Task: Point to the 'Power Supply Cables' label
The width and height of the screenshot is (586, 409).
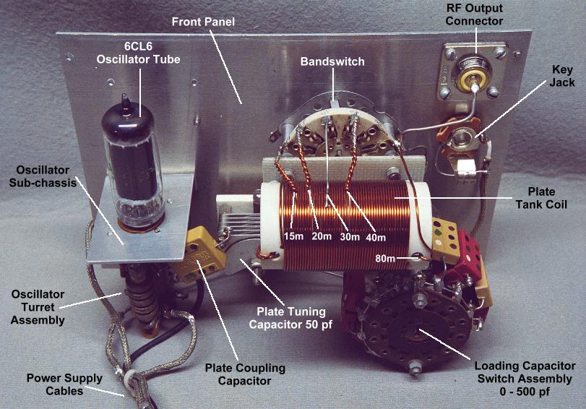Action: pos(56,385)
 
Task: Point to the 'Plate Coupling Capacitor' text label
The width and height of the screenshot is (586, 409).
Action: pos(244,374)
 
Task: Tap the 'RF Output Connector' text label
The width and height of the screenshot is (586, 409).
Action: pos(475,15)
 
